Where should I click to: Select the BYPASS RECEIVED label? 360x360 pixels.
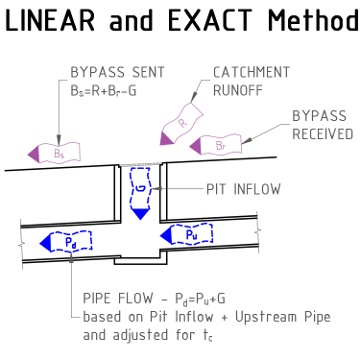click(x=322, y=124)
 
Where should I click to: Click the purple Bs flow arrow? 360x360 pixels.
click(x=53, y=151)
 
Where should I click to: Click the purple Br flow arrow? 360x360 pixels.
click(x=213, y=145)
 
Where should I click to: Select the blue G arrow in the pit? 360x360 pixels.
click(x=140, y=191)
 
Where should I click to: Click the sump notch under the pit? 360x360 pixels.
click(x=140, y=259)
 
